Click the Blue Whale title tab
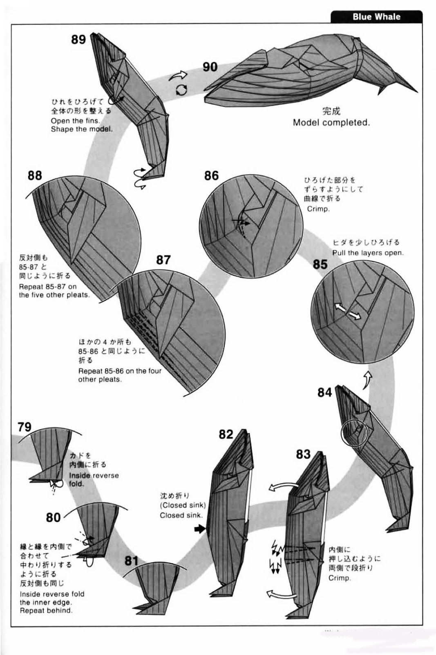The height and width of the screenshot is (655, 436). (376, 17)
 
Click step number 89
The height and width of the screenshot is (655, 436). (78, 39)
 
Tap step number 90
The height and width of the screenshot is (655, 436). (210, 67)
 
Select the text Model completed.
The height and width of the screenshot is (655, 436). (331, 122)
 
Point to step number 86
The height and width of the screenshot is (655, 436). (211, 176)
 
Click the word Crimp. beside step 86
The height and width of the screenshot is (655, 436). (318, 209)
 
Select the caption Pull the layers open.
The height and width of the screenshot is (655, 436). (367, 253)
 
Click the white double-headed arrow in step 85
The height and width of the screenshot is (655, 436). (348, 311)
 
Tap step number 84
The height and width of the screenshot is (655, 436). (325, 392)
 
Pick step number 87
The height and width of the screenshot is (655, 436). (163, 260)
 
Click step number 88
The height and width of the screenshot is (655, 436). (35, 176)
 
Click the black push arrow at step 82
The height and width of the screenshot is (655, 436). (200, 529)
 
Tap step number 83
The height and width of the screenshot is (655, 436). (303, 454)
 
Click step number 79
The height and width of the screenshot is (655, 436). (25, 427)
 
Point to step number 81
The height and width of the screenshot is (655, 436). (131, 560)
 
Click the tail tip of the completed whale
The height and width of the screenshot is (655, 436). (416, 90)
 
